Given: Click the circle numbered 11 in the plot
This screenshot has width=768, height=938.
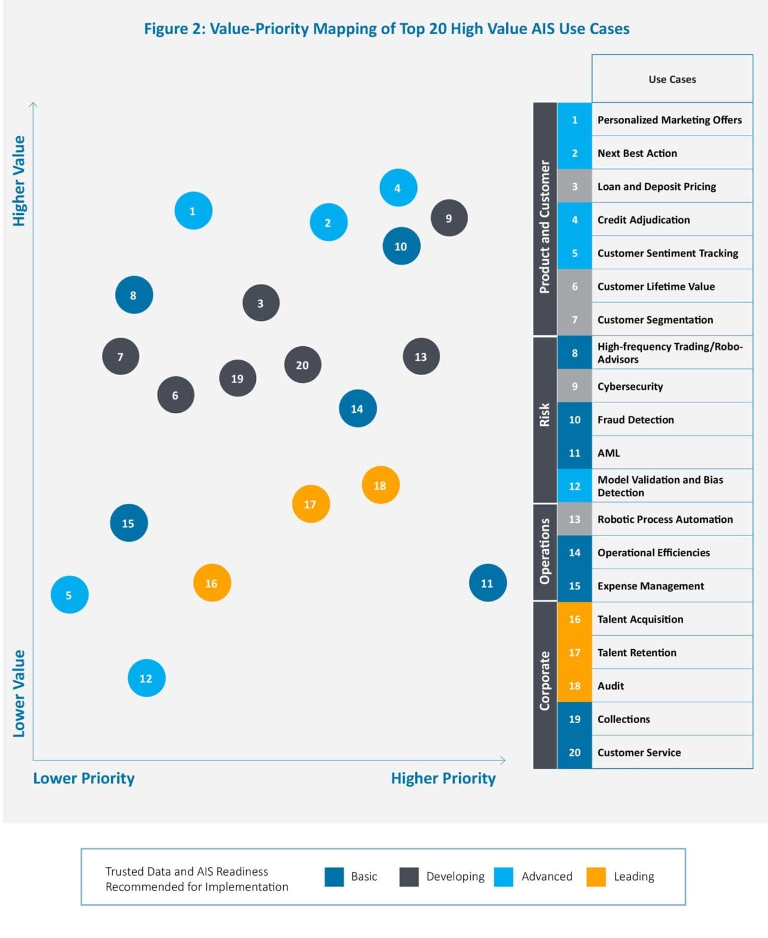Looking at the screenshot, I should (487, 583).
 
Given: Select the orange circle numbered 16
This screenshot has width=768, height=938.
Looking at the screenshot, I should (212, 583).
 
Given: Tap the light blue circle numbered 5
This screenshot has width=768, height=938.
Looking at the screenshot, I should (69, 594).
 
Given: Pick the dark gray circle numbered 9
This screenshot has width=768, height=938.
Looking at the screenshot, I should (449, 218).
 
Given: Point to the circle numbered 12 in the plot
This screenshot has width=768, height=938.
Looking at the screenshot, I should (147, 678).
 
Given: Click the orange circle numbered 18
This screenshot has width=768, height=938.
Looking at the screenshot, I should (380, 485).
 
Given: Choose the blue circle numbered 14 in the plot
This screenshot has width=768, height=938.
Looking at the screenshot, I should (357, 408).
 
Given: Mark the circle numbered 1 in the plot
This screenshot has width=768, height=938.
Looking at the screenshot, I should (193, 211).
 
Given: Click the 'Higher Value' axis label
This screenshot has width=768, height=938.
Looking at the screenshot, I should (20, 181).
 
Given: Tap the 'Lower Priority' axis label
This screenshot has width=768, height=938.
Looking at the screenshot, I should (84, 778).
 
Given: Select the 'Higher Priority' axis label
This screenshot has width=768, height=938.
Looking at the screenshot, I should (443, 778).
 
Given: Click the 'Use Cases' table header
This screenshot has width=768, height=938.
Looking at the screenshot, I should (672, 79).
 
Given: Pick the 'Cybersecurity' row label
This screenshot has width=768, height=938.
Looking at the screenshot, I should (629, 387).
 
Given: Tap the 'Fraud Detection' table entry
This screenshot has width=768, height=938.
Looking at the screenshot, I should (635, 420).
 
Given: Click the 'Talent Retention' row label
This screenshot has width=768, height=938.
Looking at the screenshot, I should (636, 652).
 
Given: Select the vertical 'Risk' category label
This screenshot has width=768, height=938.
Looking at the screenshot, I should (545, 415).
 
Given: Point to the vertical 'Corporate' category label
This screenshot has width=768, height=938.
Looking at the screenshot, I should (545, 680).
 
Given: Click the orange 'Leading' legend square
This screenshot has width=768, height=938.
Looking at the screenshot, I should (596, 876).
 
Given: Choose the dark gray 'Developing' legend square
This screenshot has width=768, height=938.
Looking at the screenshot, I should (409, 876).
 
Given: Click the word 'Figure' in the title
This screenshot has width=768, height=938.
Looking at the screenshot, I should (166, 29).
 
